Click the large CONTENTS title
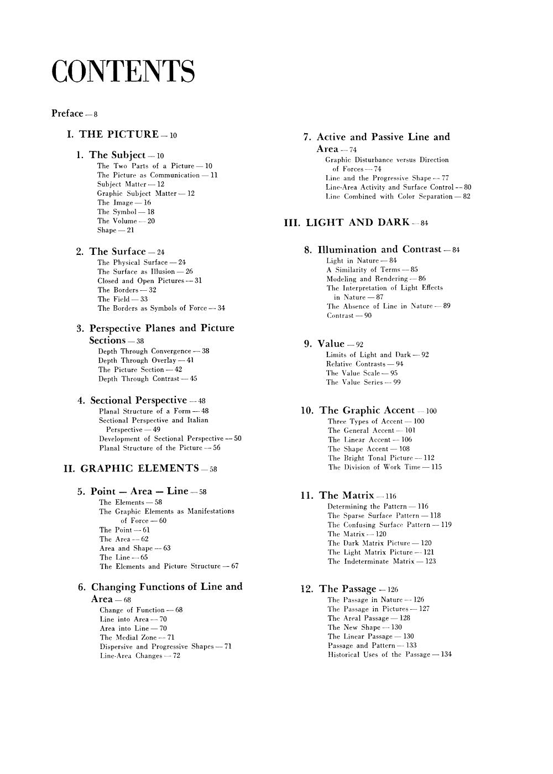point(123,72)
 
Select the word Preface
point(67,113)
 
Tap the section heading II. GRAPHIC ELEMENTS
point(132,468)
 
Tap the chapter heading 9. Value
point(331,344)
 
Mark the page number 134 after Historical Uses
point(446,655)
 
